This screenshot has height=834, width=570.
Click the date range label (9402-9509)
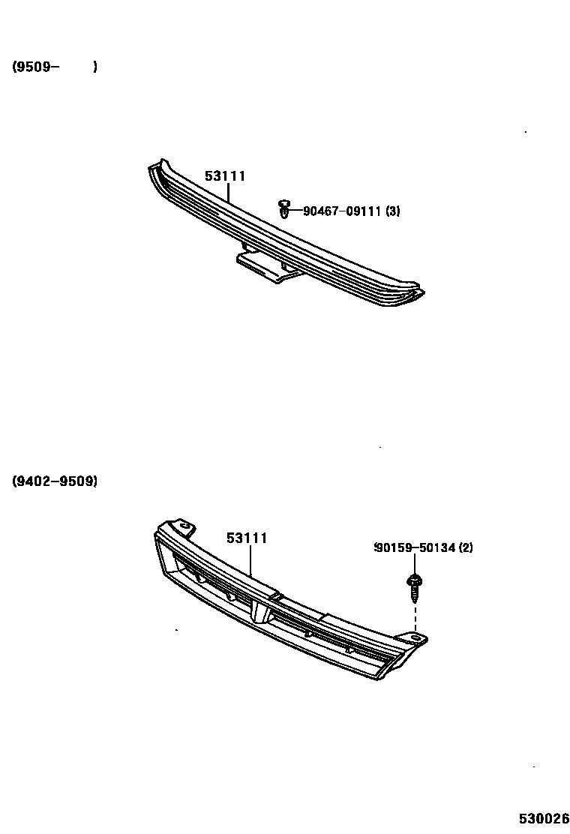click(x=55, y=481)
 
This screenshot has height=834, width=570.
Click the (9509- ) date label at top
click(x=55, y=67)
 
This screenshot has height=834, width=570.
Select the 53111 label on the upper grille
click(x=225, y=176)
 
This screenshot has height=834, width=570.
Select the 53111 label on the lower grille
click(x=247, y=538)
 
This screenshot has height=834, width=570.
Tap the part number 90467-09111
click(x=342, y=211)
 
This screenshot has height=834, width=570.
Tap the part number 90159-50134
click(x=415, y=548)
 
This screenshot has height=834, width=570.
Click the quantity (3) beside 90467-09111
click(x=392, y=211)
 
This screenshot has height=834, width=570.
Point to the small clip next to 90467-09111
click(x=283, y=209)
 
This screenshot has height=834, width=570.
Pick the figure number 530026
click(x=543, y=817)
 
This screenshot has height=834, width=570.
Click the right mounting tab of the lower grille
click(x=415, y=638)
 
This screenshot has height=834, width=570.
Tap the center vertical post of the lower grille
click(x=259, y=611)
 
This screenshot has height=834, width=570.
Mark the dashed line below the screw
click(x=414, y=615)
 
